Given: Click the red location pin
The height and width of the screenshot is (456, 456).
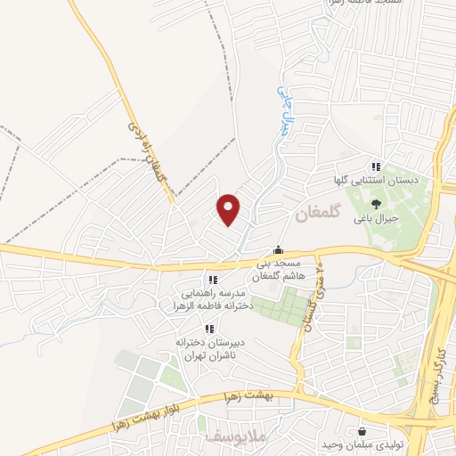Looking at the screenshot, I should pyautogui.click(x=229, y=208).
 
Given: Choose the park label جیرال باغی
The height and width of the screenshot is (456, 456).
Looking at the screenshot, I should pyautogui.click(x=376, y=217).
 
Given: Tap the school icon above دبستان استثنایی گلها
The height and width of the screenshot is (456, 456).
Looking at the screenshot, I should pyautogui.click(x=376, y=167).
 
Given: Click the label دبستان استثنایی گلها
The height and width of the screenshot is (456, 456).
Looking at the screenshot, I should pyautogui.click(x=376, y=181).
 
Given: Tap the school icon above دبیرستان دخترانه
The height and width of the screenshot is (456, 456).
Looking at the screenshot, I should pyautogui.click(x=210, y=328).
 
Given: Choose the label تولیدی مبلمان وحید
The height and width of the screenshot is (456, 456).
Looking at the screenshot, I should pyautogui.click(x=375, y=443).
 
